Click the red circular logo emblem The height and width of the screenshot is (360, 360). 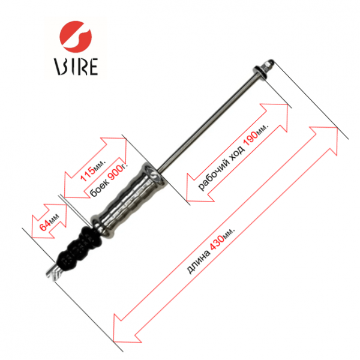coord(76,37)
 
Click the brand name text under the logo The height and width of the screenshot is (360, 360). coord(76,67)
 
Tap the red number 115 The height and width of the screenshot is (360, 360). coord(87,174)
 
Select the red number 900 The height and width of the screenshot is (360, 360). coord(115,173)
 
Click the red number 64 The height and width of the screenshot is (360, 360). coord(45,225)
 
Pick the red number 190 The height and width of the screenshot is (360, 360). coord(251,138)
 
